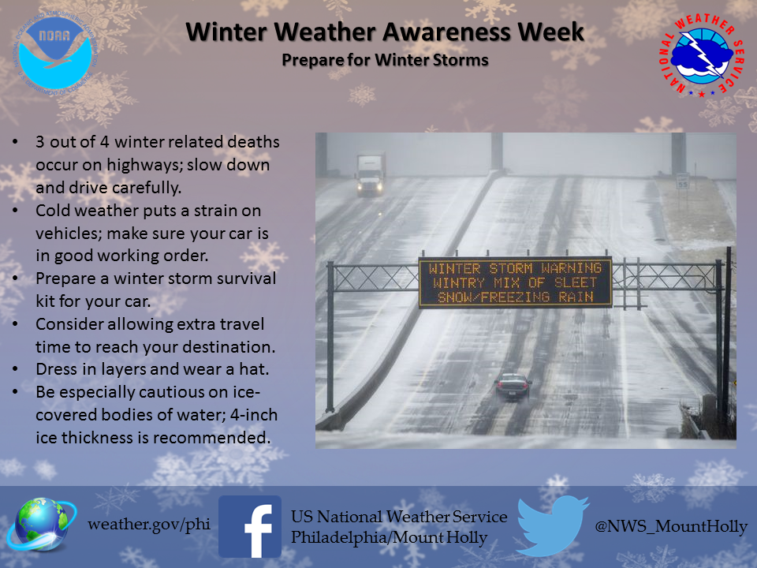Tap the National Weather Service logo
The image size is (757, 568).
(x=702, y=54)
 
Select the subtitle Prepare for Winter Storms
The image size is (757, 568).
(x=385, y=60)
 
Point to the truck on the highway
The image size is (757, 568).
(x=371, y=174)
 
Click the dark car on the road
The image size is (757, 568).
(x=513, y=387)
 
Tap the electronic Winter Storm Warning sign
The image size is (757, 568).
(x=515, y=282)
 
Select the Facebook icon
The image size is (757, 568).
(x=250, y=526)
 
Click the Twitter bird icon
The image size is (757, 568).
(x=552, y=525)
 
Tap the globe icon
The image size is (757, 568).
(x=40, y=525)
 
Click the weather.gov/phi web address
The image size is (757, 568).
(x=149, y=524)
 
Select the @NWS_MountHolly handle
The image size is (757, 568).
(x=671, y=526)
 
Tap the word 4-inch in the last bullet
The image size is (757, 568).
(x=253, y=415)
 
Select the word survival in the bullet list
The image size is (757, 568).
(x=247, y=278)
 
